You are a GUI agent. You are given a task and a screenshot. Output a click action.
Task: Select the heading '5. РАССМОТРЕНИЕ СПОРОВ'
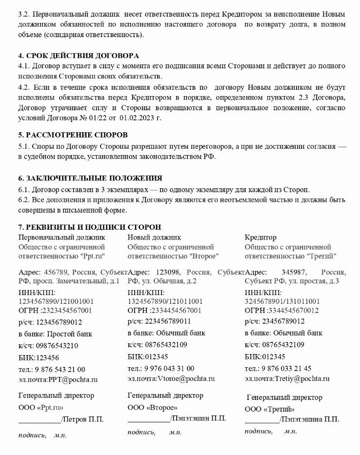(x=73, y=135)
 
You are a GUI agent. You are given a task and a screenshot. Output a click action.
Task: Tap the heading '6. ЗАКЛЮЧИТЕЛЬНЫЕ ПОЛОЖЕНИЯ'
(x=90, y=178)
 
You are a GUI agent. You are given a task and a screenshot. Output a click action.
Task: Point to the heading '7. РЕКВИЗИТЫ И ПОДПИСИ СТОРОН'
(x=90, y=227)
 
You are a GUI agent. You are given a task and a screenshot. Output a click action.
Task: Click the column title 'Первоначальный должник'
(x=61, y=237)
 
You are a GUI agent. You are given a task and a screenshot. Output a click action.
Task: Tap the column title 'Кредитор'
(x=260, y=237)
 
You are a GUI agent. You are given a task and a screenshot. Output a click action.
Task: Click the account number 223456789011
(x=168, y=321)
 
